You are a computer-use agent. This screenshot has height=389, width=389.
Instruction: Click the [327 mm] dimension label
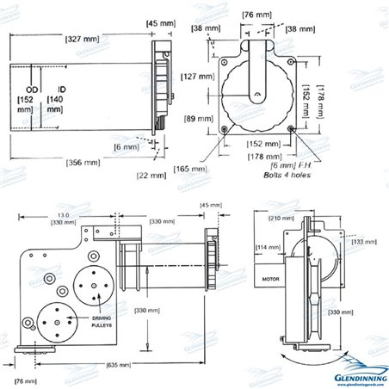(x=83, y=39)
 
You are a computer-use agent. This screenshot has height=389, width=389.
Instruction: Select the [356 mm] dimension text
(x=84, y=161)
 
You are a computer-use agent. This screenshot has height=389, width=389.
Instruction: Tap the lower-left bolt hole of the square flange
(x=225, y=130)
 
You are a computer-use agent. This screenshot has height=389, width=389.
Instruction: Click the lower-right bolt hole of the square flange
(x=293, y=130)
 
